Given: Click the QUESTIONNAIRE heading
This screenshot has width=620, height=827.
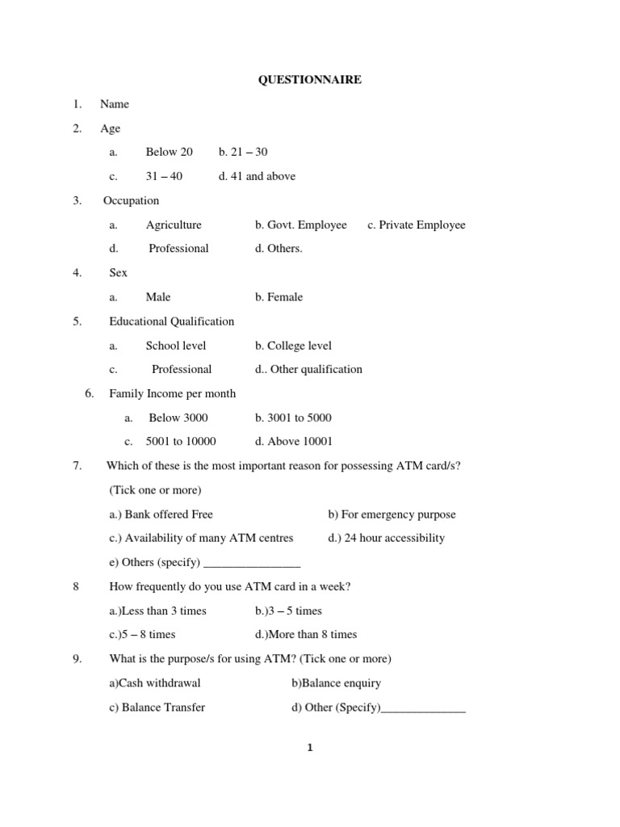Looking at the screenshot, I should pyautogui.click(x=309, y=80).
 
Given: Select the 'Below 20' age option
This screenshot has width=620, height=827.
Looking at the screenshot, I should pyautogui.click(x=169, y=152).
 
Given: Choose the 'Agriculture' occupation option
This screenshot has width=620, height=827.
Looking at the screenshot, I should pyautogui.click(x=174, y=225).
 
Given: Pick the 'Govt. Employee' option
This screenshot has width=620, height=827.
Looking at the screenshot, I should pyautogui.click(x=300, y=225).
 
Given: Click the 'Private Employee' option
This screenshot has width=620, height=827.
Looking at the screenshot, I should pyautogui.click(x=416, y=225).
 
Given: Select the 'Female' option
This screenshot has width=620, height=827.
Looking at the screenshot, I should pyautogui.click(x=279, y=297).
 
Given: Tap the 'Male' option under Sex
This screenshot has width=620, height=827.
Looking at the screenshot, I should pyautogui.click(x=158, y=297).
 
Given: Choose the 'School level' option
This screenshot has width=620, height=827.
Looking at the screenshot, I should pyautogui.click(x=176, y=346).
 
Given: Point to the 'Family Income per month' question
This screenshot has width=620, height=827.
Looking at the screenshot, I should pyautogui.click(x=172, y=393).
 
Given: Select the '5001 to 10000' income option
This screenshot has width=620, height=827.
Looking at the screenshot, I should pyautogui.click(x=181, y=442).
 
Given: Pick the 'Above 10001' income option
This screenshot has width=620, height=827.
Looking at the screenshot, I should pyautogui.click(x=293, y=442).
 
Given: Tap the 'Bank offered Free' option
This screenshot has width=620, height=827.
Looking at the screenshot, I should pyautogui.click(x=161, y=514).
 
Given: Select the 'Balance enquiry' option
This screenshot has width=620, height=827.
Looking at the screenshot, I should pyautogui.click(x=336, y=683).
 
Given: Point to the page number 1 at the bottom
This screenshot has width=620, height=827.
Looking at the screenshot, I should pyautogui.click(x=309, y=748).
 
